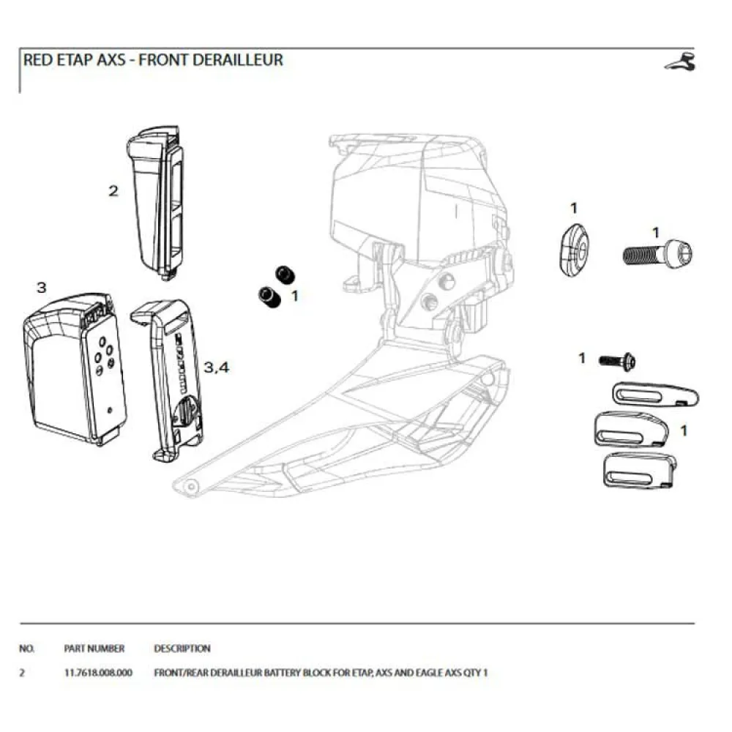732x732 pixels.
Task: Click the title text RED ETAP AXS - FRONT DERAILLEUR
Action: click(x=153, y=60)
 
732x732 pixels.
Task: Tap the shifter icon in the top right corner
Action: click(x=680, y=63)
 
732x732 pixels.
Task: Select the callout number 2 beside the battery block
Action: click(x=113, y=191)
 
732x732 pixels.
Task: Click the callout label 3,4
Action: click(x=217, y=367)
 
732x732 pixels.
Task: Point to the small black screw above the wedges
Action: click(x=618, y=360)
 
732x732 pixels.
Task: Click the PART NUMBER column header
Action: click(x=94, y=648)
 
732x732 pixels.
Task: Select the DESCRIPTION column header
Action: click(x=182, y=648)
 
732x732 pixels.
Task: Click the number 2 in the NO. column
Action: click(x=21, y=672)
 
